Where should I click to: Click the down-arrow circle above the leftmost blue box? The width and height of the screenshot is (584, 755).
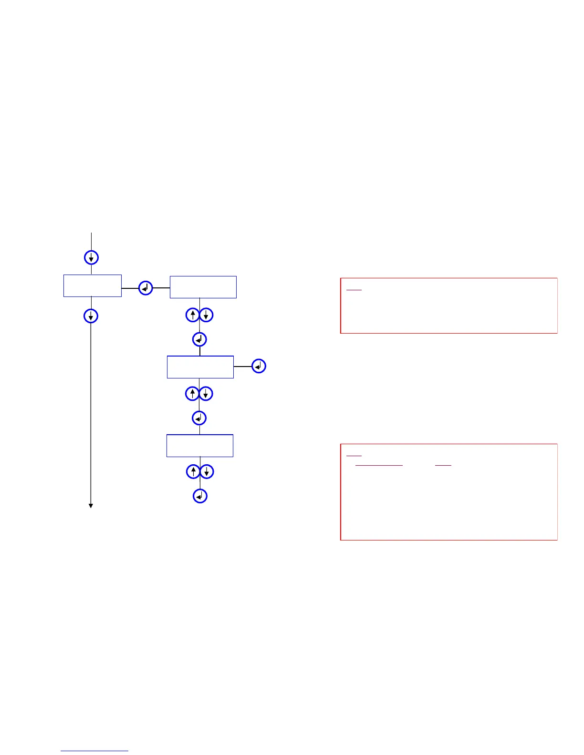[91, 257]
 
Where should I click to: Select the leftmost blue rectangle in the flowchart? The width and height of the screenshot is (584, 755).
[93, 286]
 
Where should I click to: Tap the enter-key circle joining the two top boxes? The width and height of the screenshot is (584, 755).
[146, 288]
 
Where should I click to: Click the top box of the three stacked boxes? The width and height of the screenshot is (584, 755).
[203, 287]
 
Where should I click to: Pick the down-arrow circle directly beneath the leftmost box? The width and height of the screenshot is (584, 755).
[91, 316]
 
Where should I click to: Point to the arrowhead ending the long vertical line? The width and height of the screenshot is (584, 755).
[91, 506]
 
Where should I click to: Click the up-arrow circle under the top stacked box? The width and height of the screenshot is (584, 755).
[192, 315]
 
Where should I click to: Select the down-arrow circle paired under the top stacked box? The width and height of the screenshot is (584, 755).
[206, 315]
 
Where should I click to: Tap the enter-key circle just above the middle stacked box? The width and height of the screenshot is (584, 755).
[199, 339]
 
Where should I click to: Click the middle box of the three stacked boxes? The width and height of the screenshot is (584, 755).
[200, 367]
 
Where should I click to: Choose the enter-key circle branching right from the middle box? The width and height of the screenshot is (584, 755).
[259, 366]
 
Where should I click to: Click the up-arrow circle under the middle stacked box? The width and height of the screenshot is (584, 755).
[192, 394]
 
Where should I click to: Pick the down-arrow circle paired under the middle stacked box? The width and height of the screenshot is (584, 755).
[205, 394]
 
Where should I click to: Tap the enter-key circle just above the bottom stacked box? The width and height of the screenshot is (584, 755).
[199, 418]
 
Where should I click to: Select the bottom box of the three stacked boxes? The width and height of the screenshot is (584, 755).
[200, 446]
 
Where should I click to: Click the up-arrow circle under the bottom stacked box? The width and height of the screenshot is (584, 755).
[193, 472]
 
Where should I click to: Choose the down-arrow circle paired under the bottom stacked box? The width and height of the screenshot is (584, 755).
[207, 472]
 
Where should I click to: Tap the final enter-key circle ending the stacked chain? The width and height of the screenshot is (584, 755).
[200, 496]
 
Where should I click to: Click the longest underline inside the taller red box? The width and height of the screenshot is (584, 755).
[379, 465]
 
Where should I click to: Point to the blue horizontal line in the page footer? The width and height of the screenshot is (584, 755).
[94, 751]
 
